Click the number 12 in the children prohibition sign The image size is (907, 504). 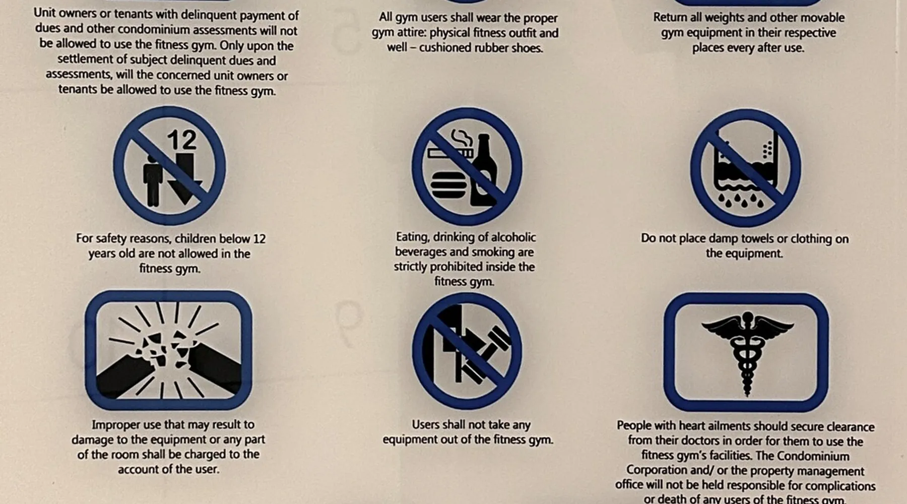tap(181, 140)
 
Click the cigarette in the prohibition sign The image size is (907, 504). tap(450, 152)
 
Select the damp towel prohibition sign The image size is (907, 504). tap(745, 168)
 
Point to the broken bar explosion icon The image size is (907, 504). tap(168, 350)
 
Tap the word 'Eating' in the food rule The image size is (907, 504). tap(411, 237)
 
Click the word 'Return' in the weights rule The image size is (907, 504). tap(671, 17)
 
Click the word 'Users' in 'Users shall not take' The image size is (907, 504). tap(426, 425)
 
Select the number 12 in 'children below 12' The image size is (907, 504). tap(259, 238)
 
